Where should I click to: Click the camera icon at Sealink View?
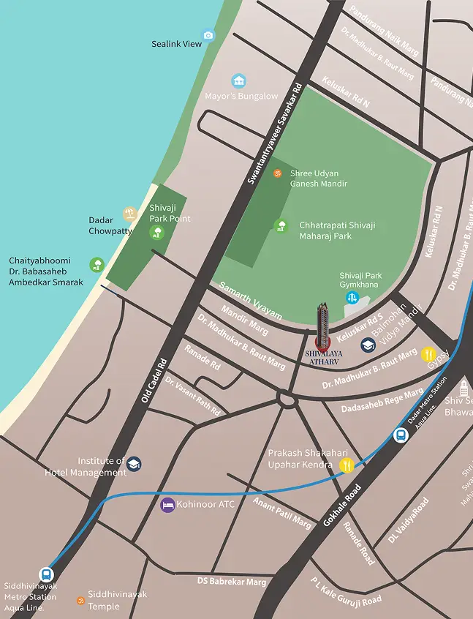tap(208, 35)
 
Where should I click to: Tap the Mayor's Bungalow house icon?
tap(238, 80)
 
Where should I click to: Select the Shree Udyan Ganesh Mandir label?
tap(318, 178)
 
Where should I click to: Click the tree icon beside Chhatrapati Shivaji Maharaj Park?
tap(281, 225)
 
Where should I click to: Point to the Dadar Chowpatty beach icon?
tap(129, 214)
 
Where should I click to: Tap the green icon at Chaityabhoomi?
tap(97, 264)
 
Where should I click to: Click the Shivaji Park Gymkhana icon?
tap(352, 298)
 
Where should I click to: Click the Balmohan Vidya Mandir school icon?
tap(368, 345)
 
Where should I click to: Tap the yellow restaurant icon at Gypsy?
tap(428, 355)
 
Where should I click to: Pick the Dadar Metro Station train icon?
tap(401, 435)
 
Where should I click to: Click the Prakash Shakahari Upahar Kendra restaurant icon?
tap(347, 465)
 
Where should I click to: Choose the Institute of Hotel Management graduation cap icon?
tap(134, 464)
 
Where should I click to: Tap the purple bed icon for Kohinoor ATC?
tap(167, 505)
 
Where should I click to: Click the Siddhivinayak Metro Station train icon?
tap(46, 574)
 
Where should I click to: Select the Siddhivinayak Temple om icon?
tap(80, 600)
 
